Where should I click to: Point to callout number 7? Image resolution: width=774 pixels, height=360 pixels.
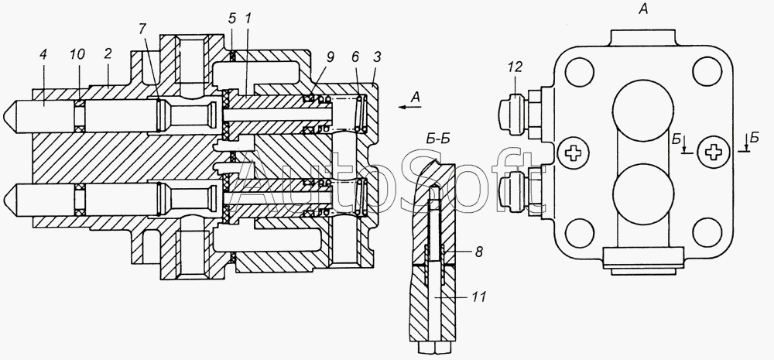[x=142, y=29]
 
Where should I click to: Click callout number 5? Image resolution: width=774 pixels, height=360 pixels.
[x=232, y=20]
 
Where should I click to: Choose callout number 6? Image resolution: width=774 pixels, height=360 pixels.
[x=356, y=57]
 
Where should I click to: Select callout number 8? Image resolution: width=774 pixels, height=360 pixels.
[x=478, y=252]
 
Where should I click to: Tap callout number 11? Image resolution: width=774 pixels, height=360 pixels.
[x=479, y=297]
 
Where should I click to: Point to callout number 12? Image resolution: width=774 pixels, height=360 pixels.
[x=515, y=67]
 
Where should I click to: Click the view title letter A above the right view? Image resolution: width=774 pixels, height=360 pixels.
[x=642, y=9]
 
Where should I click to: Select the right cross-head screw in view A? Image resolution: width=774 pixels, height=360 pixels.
[x=712, y=153]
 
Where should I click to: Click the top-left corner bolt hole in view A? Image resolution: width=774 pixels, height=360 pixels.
[x=580, y=72]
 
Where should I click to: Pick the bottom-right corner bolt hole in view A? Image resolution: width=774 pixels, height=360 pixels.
[x=707, y=232]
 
